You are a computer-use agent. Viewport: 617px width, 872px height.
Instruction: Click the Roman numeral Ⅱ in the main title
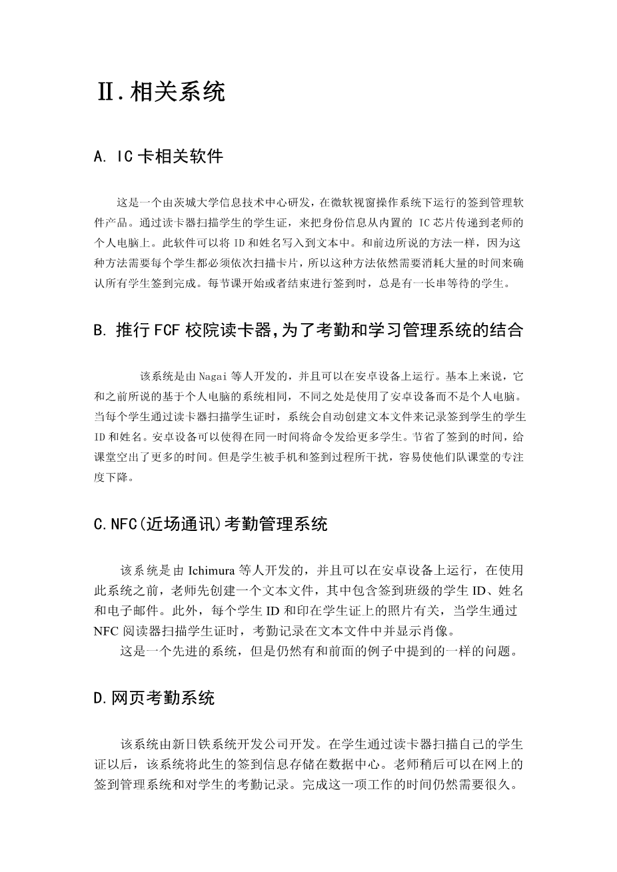click(x=106, y=92)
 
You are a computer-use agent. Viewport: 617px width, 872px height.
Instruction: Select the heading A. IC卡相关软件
click(x=159, y=157)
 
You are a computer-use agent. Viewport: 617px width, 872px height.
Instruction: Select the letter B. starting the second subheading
click(x=101, y=330)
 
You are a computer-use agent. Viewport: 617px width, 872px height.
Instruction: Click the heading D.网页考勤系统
click(x=155, y=698)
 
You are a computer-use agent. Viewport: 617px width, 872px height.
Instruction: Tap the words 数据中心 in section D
click(x=356, y=764)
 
